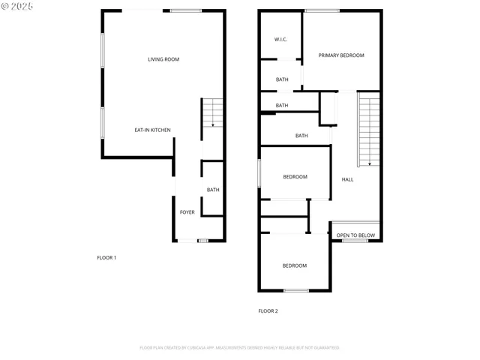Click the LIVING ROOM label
click(163, 59)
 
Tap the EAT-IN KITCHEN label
click(152, 130)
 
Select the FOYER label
click(187, 212)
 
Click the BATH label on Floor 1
click(213, 190)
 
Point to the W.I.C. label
click(281, 39)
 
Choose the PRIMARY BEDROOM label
click(341, 55)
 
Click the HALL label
click(347, 179)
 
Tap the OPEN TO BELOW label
click(355, 235)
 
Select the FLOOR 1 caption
click(106, 257)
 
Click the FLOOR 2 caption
click(268, 310)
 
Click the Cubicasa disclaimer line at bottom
click(239, 348)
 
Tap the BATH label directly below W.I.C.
click(282, 79)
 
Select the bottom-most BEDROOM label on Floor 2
click(294, 265)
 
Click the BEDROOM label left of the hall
click(295, 177)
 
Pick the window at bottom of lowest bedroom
click(296, 291)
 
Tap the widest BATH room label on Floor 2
click(301, 136)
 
